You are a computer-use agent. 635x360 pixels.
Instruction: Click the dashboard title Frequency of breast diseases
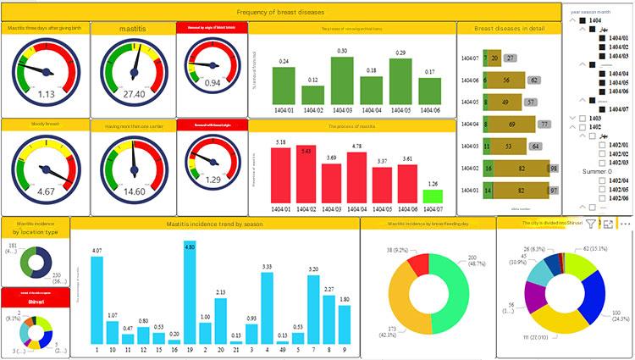point(279,12)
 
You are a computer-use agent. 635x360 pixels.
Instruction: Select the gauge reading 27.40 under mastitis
point(134,94)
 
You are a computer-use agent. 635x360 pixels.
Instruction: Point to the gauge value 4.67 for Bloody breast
point(46,192)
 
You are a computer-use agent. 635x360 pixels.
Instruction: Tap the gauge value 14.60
point(134,191)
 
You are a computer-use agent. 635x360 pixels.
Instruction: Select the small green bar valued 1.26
point(433,196)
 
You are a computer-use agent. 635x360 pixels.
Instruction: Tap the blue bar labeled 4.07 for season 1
point(97,300)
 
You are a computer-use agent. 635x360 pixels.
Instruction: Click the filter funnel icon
point(591,224)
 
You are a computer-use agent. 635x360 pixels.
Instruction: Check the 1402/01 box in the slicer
point(603,144)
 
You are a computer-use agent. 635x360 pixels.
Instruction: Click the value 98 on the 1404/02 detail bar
point(553,169)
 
